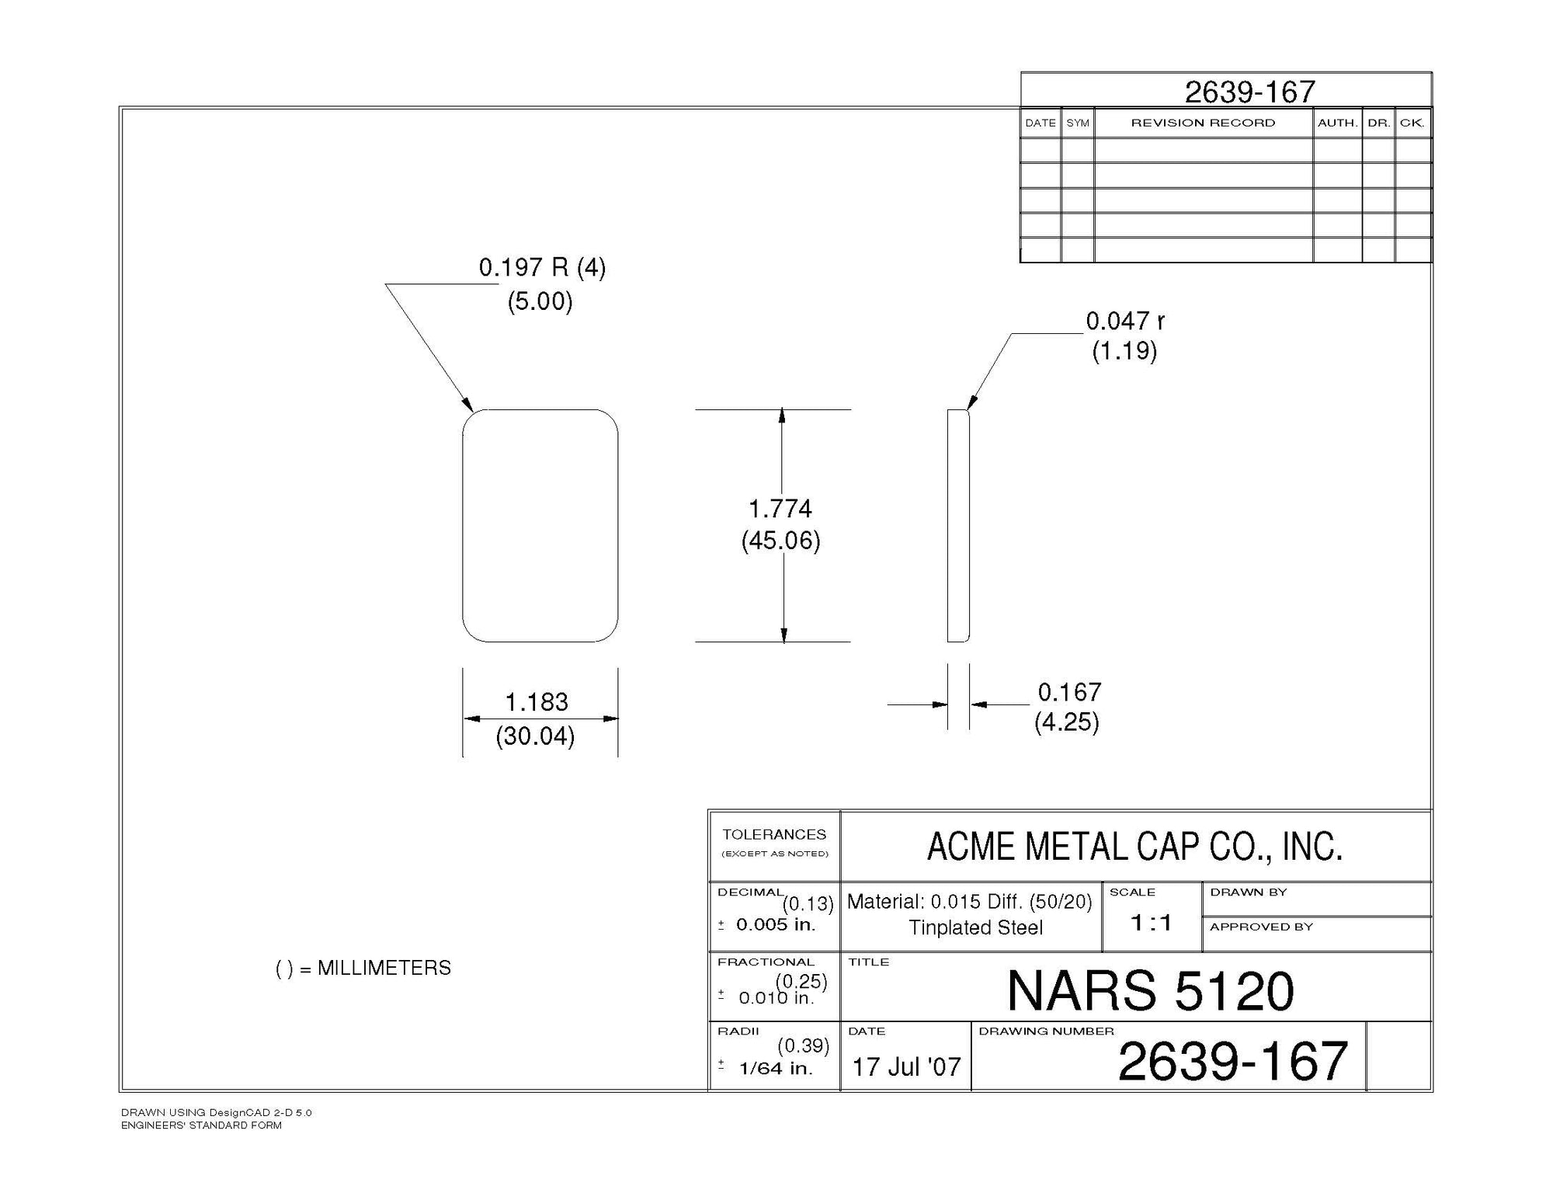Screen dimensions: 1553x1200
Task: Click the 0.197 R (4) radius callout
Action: point(542,268)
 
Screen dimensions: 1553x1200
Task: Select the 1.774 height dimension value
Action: point(780,509)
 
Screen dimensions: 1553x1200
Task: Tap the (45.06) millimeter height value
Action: point(780,540)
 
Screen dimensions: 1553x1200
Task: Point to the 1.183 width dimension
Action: point(537,702)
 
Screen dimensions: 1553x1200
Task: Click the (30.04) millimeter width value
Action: point(535,736)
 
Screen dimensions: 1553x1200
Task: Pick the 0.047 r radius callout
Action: point(1125,321)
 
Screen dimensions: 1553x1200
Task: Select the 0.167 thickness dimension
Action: point(1070,692)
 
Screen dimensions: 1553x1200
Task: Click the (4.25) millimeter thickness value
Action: point(1067,722)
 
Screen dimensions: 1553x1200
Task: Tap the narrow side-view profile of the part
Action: point(958,526)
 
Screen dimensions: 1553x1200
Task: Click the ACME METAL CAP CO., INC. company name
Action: point(1135,847)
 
